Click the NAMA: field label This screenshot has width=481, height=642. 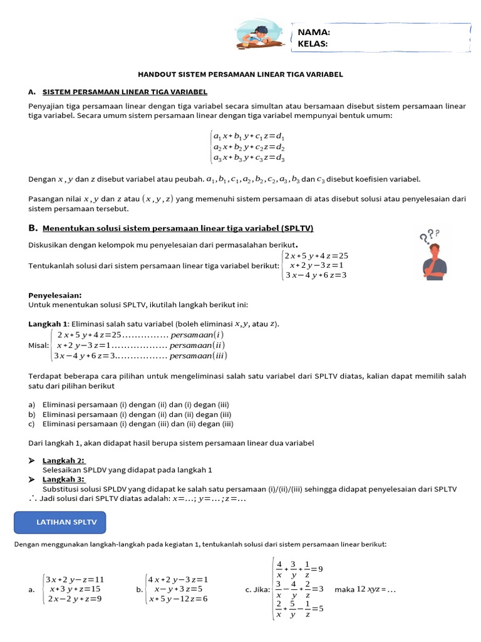pos(314,32)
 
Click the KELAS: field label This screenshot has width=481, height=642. pos(313,43)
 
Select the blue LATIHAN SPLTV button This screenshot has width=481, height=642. pos(60,522)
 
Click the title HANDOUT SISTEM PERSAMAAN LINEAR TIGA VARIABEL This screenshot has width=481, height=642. pos(240,74)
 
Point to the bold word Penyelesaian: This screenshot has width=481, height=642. pos(55,295)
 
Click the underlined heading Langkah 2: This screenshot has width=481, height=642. pos(64,461)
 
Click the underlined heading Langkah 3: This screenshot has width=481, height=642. pos(64,480)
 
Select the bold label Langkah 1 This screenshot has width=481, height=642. pos(48,324)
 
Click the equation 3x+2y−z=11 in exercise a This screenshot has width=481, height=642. pos(76,579)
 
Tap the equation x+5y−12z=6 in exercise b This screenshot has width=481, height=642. pos(178,599)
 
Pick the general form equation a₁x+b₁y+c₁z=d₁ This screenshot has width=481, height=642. pos(249,135)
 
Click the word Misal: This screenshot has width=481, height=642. pos(38,345)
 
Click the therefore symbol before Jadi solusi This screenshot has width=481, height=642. pos(33,498)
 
